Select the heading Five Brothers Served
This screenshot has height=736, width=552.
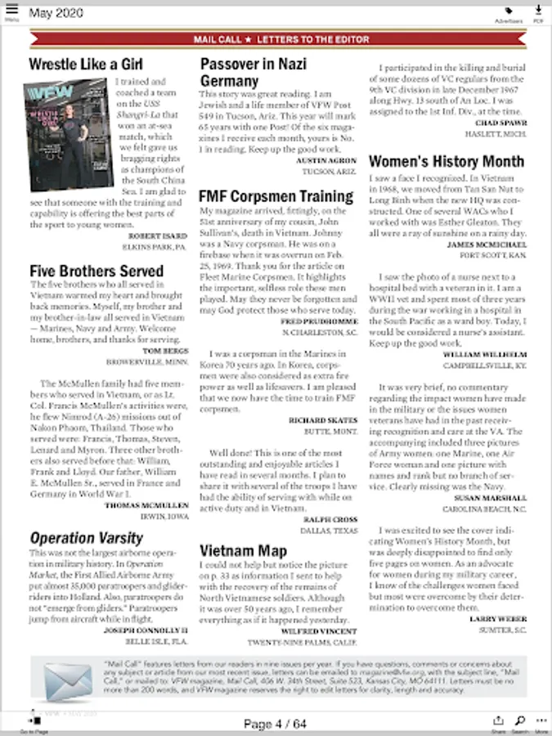96,271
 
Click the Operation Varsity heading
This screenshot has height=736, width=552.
86,537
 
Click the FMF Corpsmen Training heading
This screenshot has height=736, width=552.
276,196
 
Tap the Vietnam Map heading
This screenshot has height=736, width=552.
243,550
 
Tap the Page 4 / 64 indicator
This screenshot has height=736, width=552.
275,724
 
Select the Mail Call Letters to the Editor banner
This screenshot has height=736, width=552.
280,38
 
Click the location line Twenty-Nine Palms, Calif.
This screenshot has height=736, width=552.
307,643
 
